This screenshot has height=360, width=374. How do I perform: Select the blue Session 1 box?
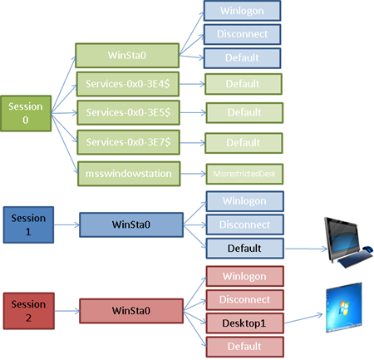[x=27, y=224]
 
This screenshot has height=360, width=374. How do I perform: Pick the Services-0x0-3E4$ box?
[x=128, y=84]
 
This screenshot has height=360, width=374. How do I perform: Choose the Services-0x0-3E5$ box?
[x=128, y=112]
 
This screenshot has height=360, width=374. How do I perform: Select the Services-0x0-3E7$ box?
[x=128, y=141]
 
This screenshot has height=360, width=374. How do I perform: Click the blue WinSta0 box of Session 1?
[x=130, y=224]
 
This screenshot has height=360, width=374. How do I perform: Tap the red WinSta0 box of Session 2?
[x=130, y=311]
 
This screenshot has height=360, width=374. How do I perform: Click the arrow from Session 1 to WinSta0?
[x=66, y=224]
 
